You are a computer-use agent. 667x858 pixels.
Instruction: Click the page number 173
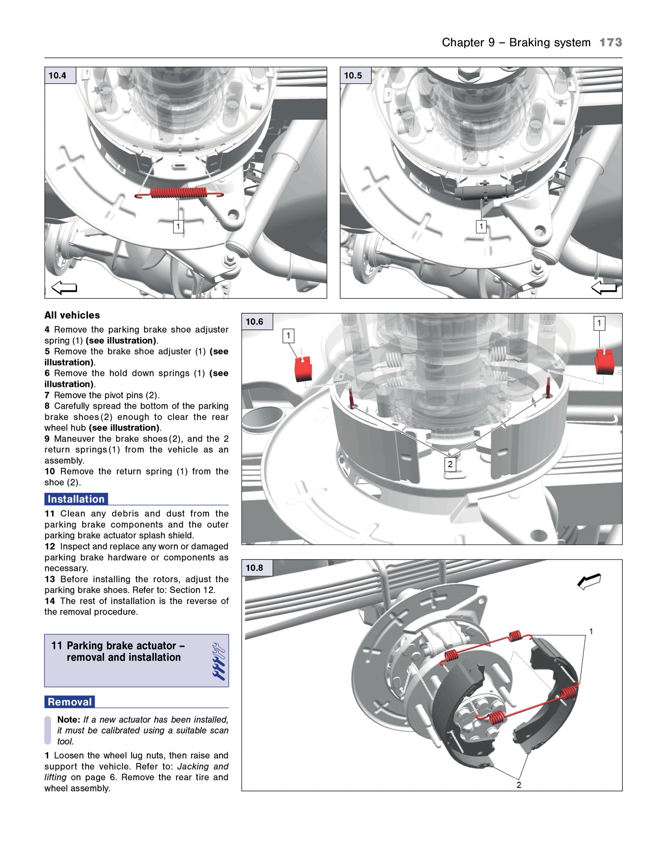(x=611, y=43)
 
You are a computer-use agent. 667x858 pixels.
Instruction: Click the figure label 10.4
(x=57, y=76)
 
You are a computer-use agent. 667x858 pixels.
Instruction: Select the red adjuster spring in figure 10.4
(x=179, y=193)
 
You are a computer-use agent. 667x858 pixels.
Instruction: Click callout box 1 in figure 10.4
(x=178, y=226)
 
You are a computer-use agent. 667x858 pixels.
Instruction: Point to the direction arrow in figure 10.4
(x=64, y=288)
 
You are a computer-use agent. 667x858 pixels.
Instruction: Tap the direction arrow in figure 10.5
(x=604, y=288)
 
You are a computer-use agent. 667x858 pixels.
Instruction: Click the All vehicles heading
(x=72, y=315)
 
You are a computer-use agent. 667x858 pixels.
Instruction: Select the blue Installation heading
(x=76, y=499)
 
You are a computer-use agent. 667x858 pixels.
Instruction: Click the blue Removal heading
(x=70, y=702)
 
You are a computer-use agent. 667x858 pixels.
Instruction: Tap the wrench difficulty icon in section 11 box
(x=218, y=661)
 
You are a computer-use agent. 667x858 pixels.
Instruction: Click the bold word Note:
(x=68, y=720)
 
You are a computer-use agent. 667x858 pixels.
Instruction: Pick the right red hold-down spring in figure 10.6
(x=604, y=361)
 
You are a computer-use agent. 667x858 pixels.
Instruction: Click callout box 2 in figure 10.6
(x=450, y=464)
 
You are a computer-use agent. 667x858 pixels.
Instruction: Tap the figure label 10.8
(x=254, y=568)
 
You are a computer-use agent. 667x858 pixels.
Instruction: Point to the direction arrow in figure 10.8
(x=589, y=581)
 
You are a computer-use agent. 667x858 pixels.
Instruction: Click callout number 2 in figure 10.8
(x=518, y=785)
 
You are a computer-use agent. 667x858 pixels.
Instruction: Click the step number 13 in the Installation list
(x=50, y=579)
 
